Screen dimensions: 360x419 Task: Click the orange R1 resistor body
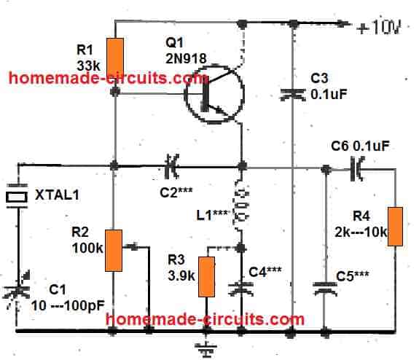point(115,56)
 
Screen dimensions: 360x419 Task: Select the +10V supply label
point(382,30)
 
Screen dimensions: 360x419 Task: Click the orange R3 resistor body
point(208,277)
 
